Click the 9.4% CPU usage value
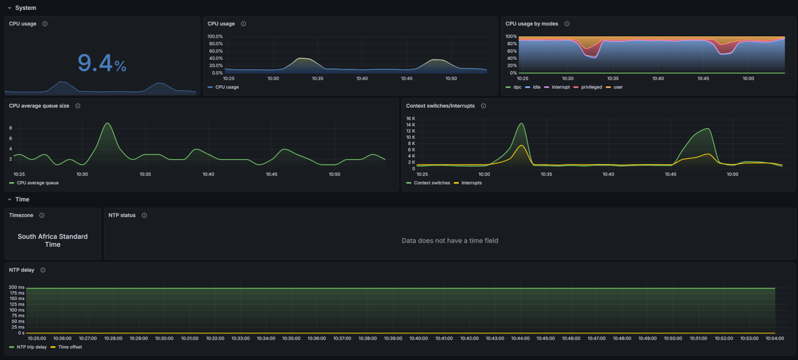click(x=102, y=63)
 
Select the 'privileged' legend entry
click(x=591, y=87)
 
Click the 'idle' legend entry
click(x=536, y=87)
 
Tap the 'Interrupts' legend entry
click(x=471, y=183)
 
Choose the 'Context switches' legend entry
click(x=431, y=183)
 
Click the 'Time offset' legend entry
click(x=70, y=347)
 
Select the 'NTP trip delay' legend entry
click(x=31, y=347)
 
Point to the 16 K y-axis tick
click(x=410, y=119)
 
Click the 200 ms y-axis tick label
click(x=16, y=287)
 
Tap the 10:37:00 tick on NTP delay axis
click(x=342, y=339)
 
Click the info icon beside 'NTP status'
click(x=144, y=215)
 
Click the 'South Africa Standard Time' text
click(x=52, y=240)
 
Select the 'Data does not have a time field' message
click(x=450, y=241)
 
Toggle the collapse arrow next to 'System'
click(x=9, y=8)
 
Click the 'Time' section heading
click(x=22, y=199)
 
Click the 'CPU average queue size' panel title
click(x=39, y=106)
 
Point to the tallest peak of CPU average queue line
click(x=107, y=123)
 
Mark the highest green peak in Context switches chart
click(x=521, y=123)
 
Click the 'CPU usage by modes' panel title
click(x=532, y=24)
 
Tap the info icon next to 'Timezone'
click(x=42, y=215)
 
